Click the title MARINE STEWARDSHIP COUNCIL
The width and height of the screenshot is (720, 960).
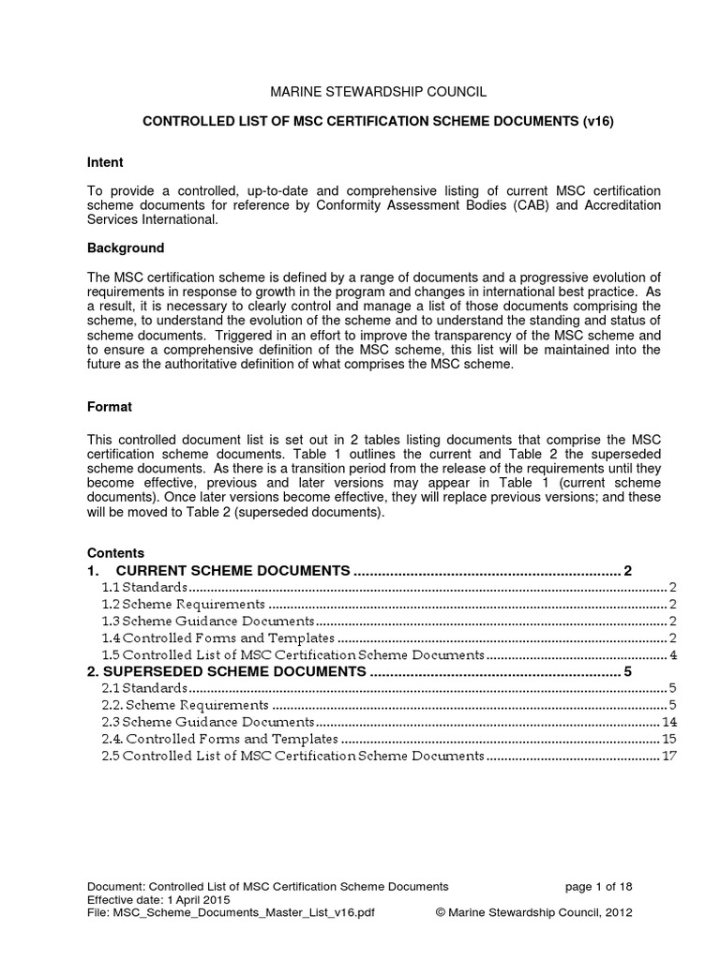(x=379, y=92)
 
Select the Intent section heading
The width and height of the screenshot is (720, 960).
(x=105, y=162)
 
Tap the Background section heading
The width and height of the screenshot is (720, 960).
(x=126, y=248)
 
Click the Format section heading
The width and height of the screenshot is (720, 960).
(x=109, y=407)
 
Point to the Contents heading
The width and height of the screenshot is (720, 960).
(x=115, y=553)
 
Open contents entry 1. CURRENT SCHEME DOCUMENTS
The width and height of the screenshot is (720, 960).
(x=232, y=570)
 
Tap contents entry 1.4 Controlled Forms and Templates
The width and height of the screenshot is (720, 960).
(x=217, y=637)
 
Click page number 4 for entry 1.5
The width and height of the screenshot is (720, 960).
(x=673, y=654)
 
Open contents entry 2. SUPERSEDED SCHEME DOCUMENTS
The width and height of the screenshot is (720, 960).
(x=226, y=671)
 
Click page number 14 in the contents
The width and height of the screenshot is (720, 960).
(x=669, y=722)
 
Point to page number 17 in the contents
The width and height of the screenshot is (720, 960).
(x=669, y=756)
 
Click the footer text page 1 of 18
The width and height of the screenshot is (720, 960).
(x=601, y=886)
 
